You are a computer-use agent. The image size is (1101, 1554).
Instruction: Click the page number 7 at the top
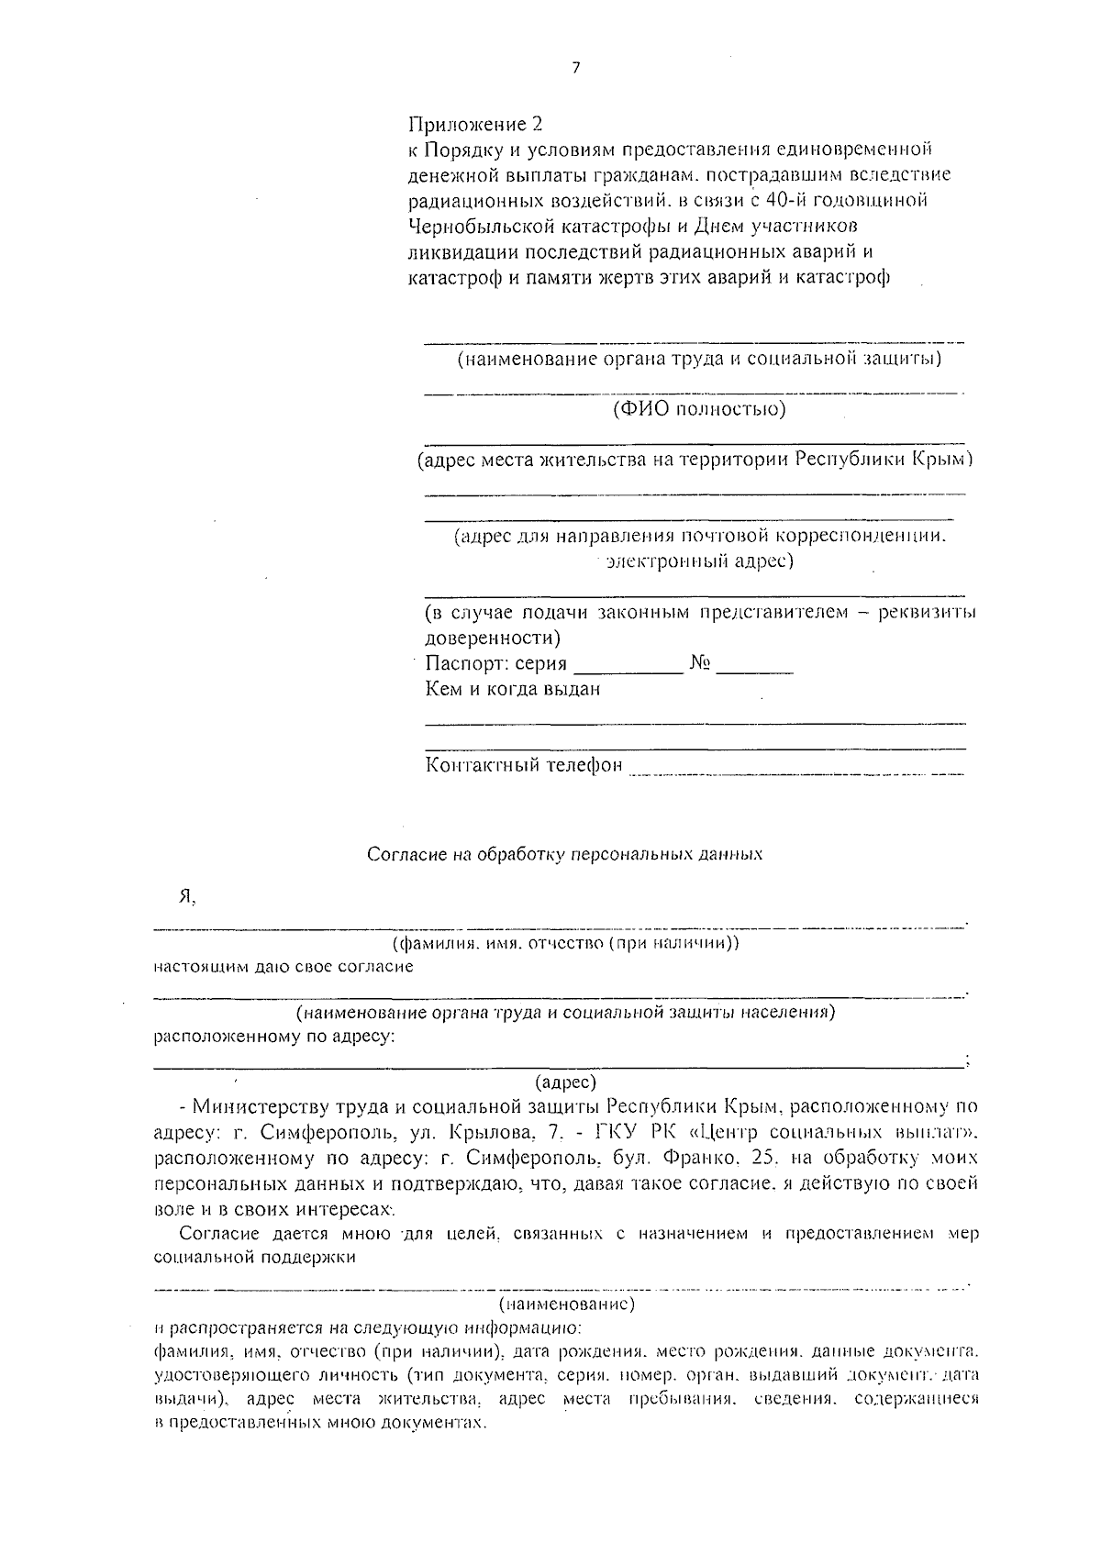(575, 68)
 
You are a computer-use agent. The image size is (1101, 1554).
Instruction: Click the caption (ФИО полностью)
(699, 408)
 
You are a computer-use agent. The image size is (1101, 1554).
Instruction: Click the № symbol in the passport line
(700, 663)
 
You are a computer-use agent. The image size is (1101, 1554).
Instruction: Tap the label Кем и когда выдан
(513, 689)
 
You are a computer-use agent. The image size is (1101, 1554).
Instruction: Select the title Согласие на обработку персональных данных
(565, 854)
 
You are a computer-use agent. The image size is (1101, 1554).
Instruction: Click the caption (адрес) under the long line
(565, 1082)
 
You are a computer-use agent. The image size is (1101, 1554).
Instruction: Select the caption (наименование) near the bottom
(566, 1304)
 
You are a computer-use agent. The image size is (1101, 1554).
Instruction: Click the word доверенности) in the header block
(494, 637)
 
